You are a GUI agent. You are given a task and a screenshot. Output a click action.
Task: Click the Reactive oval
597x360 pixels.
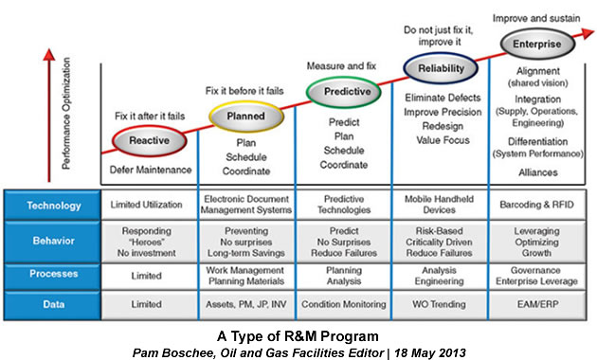pos(149,140)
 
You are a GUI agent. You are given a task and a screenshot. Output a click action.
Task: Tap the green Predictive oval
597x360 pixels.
pos(342,91)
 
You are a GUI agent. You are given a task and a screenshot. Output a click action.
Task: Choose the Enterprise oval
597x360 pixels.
pos(537,44)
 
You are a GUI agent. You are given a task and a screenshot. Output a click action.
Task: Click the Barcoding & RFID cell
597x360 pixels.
pos(538,205)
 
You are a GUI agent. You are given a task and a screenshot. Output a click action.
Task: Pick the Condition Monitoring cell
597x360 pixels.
pos(342,304)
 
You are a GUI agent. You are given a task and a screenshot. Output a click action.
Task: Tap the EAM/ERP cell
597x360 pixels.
pos(538,304)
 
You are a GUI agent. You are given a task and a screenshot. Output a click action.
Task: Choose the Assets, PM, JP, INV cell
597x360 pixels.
pos(245,304)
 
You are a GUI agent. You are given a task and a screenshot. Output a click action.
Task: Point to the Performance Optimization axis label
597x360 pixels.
pos(65,114)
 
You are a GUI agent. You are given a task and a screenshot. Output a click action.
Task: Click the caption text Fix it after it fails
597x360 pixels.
pos(149,115)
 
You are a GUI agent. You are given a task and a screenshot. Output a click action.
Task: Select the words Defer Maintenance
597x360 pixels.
pos(149,170)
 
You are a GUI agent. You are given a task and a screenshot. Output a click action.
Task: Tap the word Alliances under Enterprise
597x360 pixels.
pos(537,172)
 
